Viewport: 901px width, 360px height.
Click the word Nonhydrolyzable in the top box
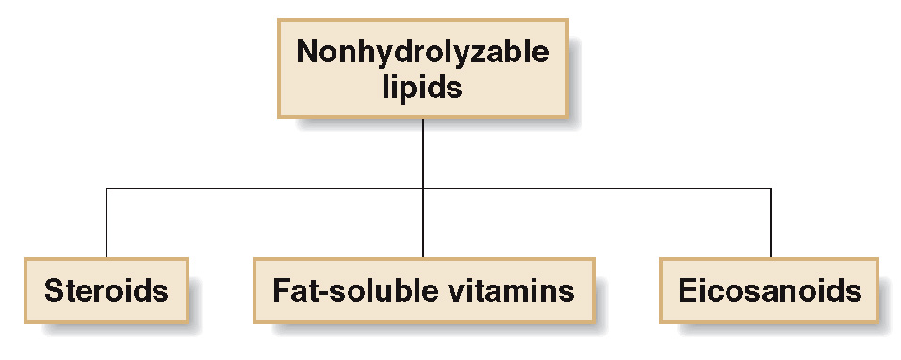422,53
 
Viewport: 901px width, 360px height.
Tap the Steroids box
106,289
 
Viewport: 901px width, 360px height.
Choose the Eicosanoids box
770,289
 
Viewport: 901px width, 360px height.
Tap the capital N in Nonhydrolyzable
308,53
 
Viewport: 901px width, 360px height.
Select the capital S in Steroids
54,289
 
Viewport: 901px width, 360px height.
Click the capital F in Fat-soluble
280,289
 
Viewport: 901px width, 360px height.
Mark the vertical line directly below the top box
422,151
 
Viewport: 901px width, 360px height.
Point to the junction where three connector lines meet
422,188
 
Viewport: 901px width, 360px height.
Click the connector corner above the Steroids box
106,188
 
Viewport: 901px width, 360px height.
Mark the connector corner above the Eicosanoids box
770,188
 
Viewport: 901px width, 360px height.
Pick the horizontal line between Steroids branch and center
264,188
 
